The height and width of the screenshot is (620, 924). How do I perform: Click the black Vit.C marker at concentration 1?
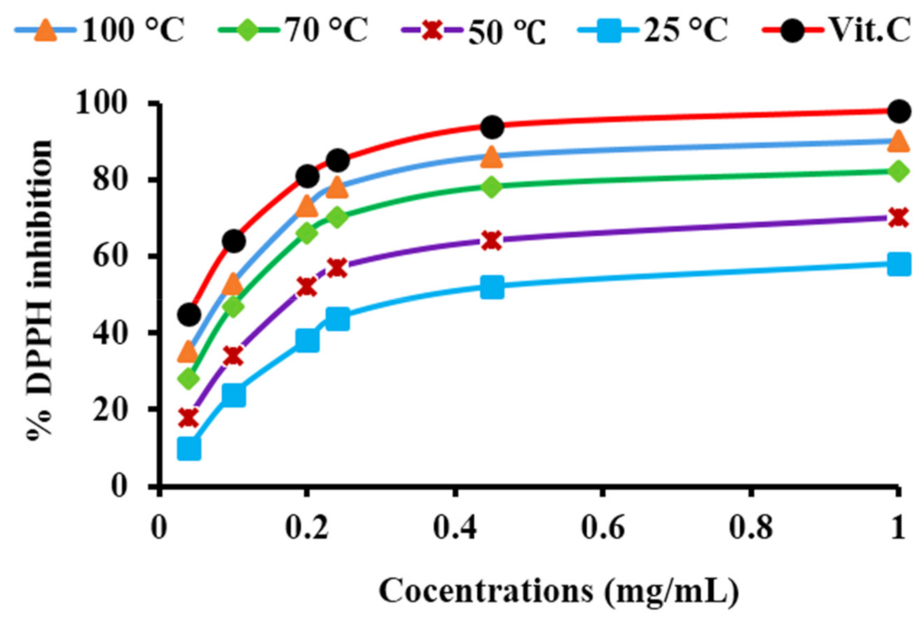pyautogui.click(x=898, y=112)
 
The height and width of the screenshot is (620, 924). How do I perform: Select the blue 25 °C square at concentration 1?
pyautogui.click(x=898, y=264)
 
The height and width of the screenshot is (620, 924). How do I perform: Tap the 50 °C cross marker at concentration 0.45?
pyautogui.click(x=492, y=241)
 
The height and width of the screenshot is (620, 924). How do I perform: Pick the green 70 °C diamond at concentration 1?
pyautogui.click(x=898, y=171)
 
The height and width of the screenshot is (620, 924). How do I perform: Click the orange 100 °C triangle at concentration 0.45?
pyautogui.click(x=492, y=156)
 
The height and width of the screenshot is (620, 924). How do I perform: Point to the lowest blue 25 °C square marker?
pyautogui.click(x=189, y=448)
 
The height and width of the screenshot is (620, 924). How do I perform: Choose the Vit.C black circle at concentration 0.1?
pyautogui.click(x=233, y=242)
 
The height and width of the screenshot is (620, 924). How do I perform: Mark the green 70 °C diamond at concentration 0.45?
pyautogui.click(x=492, y=187)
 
